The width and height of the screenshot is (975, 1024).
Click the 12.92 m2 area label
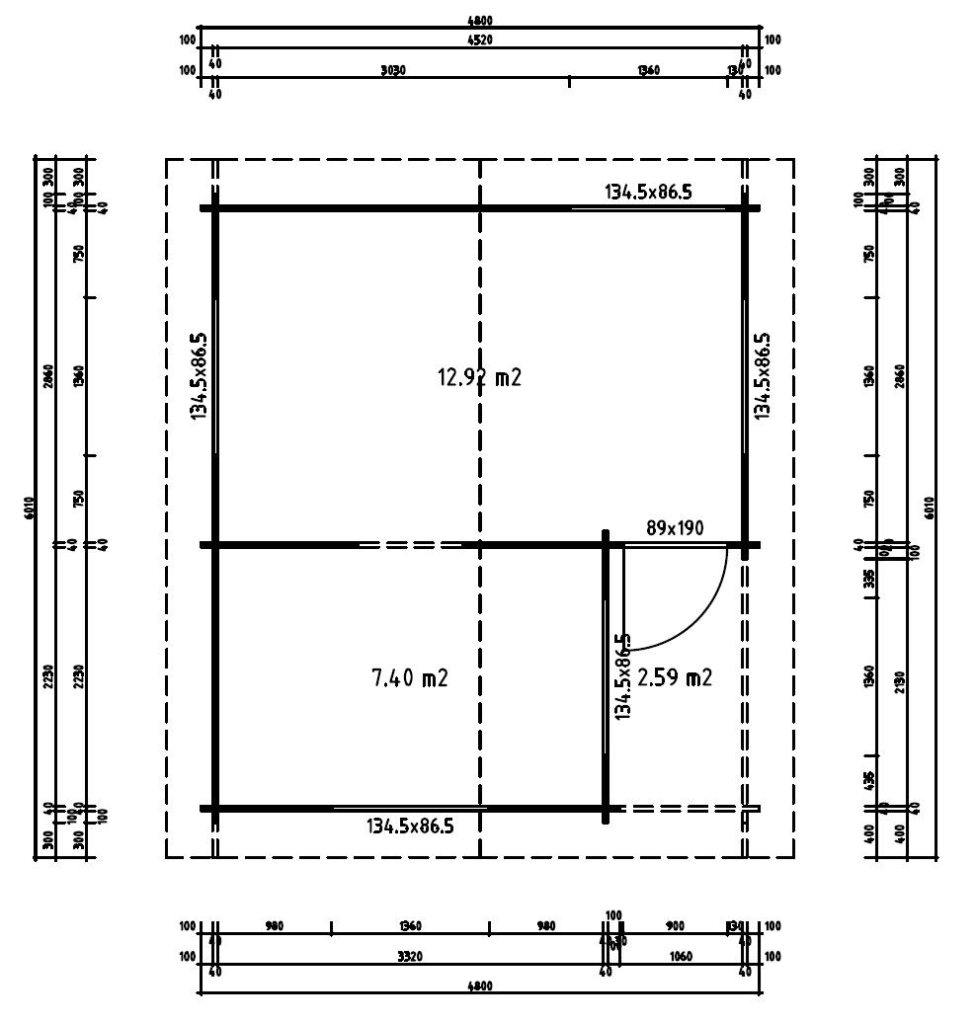point(478,376)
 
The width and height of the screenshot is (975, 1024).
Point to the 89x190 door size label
point(675,528)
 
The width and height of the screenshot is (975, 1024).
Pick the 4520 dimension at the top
point(479,40)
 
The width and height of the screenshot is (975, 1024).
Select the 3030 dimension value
point(393,71)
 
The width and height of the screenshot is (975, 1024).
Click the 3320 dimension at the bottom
point(410,957)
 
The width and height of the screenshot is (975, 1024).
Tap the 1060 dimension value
point(680,957)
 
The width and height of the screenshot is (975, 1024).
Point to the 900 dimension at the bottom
point(676,926)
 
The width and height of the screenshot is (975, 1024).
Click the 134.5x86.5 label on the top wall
point(648,192)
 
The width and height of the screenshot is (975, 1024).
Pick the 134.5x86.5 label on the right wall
point(763,375)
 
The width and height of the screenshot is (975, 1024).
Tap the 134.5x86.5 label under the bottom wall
point(410,826)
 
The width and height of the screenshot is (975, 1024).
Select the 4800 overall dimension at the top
point(479,20)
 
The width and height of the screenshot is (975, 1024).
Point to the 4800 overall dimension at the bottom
point(479,986)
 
